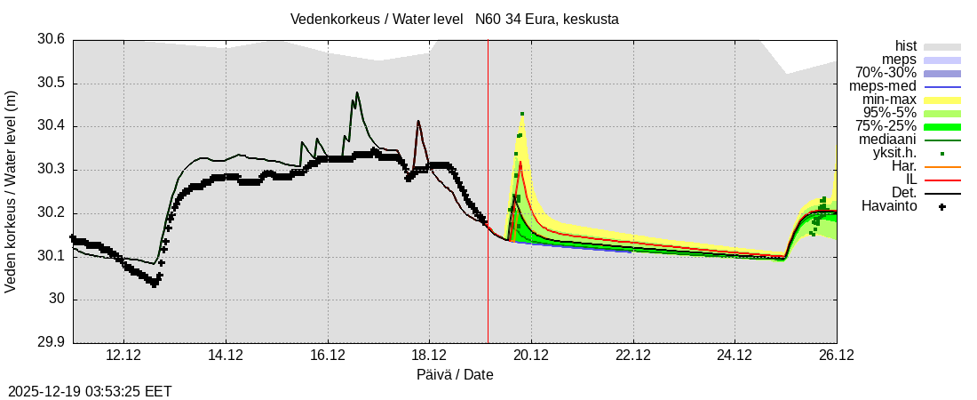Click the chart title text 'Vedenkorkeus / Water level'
point(377,19)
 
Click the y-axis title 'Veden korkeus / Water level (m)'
point(12,191)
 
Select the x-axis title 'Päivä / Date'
point(455,374)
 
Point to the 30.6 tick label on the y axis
point(51,40)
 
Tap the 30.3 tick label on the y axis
point(51,170)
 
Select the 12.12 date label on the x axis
point(123,356)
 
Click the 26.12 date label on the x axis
point(837,356)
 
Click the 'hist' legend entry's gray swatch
point(942,46)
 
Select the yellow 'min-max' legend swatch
point(942,100)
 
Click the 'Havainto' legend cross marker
point(942,206)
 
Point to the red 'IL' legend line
point(942,180)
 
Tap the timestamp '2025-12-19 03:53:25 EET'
point(90,391)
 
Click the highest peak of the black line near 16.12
point(357,92)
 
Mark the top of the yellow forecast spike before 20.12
point(522,114)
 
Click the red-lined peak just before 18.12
point(418,122)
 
